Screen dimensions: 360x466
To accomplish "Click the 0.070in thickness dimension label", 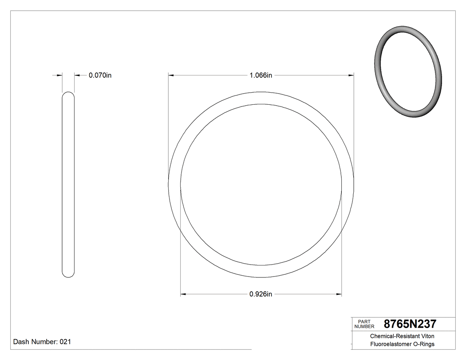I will (100, 75).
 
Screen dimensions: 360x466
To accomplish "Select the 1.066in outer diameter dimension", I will (261, 75).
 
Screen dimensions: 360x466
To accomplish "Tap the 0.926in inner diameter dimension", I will (261, 294).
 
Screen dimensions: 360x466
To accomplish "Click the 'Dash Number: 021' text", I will (42, 342).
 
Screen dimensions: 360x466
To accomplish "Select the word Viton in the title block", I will (425, 336).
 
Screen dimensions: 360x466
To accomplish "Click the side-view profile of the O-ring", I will (68, 184).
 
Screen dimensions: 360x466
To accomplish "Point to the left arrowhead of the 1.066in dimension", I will (171, 75).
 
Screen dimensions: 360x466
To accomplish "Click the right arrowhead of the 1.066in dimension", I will (351, 75).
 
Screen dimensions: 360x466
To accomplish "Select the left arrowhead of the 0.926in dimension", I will (183, 294).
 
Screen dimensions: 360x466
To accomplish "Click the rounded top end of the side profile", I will (68, 94).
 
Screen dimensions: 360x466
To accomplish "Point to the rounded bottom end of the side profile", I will (68, 275).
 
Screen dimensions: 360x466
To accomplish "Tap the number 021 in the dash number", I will (65, 342).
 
